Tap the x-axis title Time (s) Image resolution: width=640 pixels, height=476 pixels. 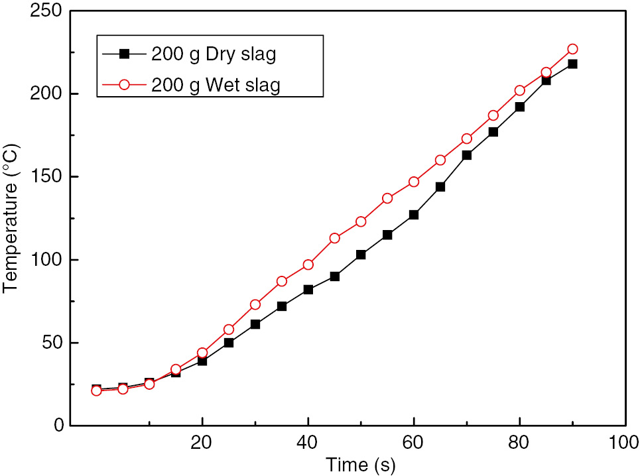coord(360,465)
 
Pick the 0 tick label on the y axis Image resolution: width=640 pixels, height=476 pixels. coord(57,426)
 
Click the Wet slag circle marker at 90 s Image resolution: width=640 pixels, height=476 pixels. coord(572,49)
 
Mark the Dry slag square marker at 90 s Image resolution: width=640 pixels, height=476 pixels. coord(572,64)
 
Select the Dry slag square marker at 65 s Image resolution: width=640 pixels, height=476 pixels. coord(440,186)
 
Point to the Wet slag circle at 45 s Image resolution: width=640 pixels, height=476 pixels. coord(334,238)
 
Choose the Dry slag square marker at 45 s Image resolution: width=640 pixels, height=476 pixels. coord(334,276)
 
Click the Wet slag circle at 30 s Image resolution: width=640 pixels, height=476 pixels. coord(255,304)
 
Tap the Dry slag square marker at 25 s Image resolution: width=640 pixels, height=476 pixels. coord(229,343)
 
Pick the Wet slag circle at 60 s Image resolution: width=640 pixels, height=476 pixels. coord(414,182)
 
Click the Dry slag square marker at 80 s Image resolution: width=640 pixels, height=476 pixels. coord(519,107)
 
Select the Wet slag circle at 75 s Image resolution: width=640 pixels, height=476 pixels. coord(493,115)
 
